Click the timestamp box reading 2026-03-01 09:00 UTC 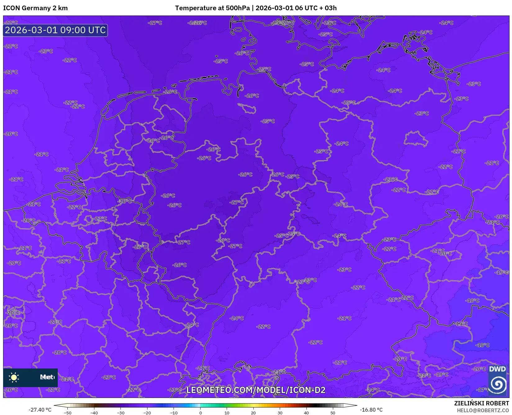55,30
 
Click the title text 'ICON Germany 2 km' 35,8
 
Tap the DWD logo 497,380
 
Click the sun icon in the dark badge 14,377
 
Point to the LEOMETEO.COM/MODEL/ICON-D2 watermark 256,390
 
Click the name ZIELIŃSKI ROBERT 482,403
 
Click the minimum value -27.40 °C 40,410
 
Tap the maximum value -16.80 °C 371,410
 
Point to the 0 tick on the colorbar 200,413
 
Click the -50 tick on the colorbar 67,413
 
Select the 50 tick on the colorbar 333,413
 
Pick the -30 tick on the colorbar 120,413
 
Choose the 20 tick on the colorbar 253,413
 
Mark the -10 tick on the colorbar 174,413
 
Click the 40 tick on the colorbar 306,413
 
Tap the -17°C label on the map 483,390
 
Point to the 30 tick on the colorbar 280,413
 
